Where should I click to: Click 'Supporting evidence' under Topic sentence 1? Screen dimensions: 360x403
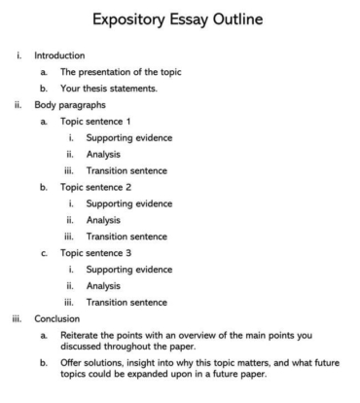[x=129, y=137]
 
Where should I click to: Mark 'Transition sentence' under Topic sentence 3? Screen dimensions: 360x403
[x=126, y=302]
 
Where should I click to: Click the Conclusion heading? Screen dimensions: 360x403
[x=56, y=318]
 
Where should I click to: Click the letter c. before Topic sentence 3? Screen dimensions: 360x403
[x=45, y=253]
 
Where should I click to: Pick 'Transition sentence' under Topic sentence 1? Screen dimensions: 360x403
[x=126, y=170]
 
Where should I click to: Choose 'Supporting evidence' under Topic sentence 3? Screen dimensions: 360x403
[x=129, y=270]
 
